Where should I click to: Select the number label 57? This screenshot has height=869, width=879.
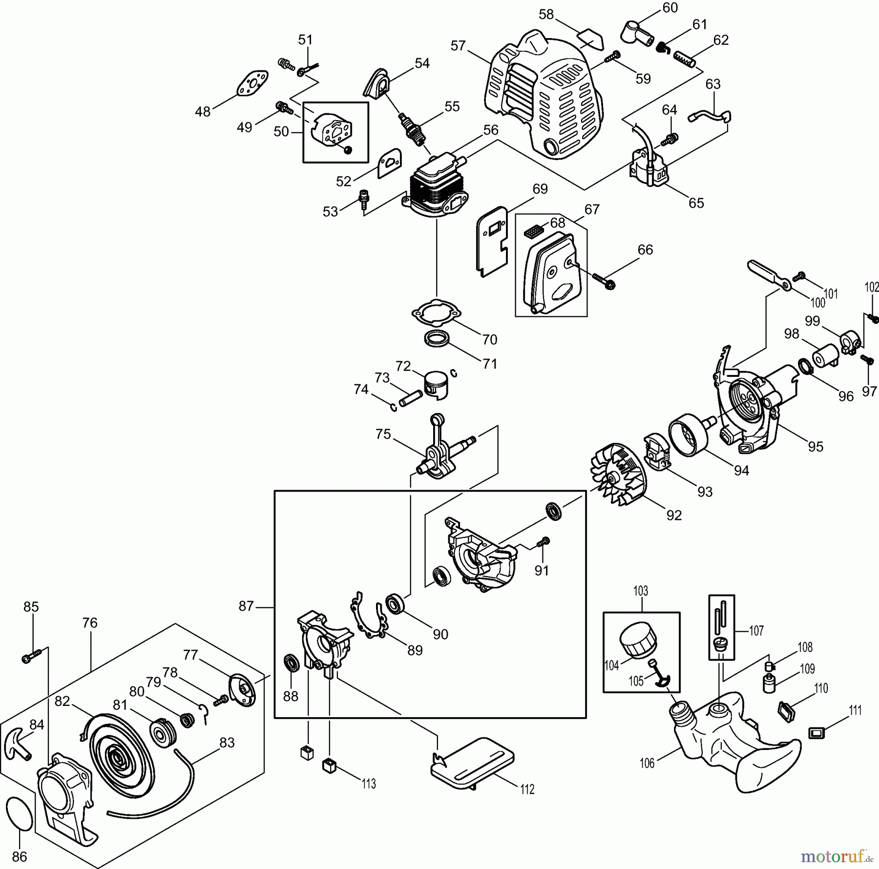pyautogui.click(x=458, y=46)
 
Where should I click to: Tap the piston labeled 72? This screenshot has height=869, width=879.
pyautogui.click(x=437, y=385)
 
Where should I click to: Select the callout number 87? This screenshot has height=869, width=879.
pyautogui.click(x=246, y=606)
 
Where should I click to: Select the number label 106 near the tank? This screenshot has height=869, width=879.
pyautogui.click(x=647, y=763)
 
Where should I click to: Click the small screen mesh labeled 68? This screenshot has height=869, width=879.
pyautogui.click(x=533, y=231)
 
